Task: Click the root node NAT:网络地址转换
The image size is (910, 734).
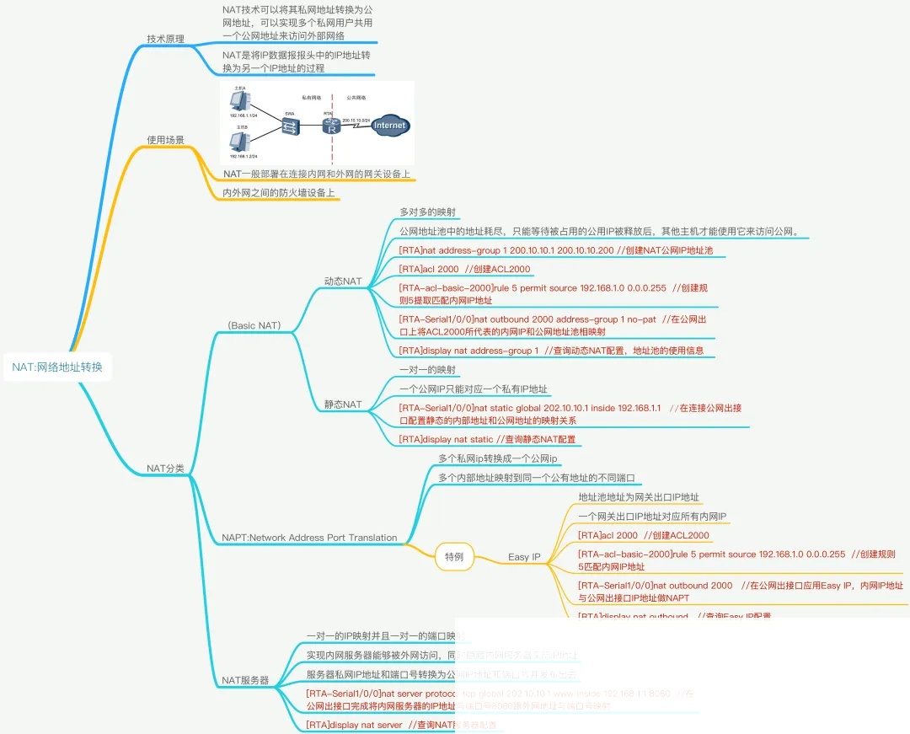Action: tap(57, 367)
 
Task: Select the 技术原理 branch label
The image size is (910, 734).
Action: tap(165, 39)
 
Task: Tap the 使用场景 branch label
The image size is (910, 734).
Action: tap(165, 139)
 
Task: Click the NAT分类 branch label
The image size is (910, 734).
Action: tap(165, 468)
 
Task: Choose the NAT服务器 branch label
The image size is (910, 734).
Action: tap(244, 679)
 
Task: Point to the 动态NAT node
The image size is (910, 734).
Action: tap(343, 281)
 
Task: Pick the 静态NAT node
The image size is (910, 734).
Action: tap(343, 405)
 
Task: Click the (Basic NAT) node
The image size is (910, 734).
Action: tap(254, 325)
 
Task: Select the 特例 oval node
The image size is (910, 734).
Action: tap(454, 556)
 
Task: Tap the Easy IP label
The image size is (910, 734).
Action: tap(524, 556)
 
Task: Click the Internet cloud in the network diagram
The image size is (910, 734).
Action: tap(389, 126)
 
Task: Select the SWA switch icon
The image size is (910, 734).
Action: tap(291, 127)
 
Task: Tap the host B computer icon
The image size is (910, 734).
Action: tap(238, 140)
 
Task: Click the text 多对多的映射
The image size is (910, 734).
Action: tap(428, 212)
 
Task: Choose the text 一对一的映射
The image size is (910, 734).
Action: tap(428, 370)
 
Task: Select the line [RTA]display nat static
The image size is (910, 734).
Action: tap(487, 439)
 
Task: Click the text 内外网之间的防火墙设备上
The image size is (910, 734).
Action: tap(279, 193)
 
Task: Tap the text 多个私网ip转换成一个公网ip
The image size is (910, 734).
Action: tap(497, 458)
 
